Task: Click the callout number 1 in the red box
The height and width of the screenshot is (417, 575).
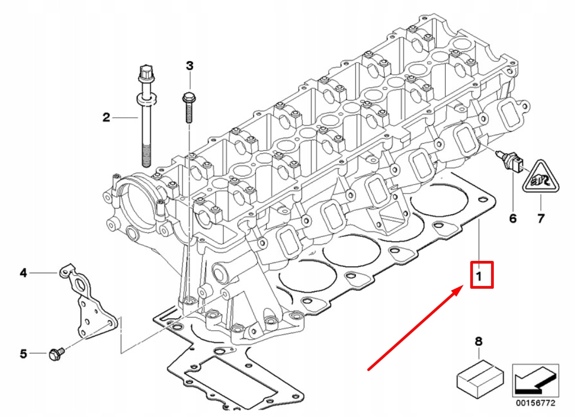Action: (479, 275)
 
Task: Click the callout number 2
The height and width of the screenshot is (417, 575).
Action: (106, 118)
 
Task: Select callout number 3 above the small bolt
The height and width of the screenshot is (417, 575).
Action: (189, 66)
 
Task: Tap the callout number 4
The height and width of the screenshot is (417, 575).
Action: (23, 273)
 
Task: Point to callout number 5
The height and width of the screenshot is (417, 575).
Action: (23, 354)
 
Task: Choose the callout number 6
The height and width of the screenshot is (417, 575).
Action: (512, 219)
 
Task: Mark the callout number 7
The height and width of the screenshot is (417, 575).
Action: (541, 219)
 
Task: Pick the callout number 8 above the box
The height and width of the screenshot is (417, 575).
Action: (479, 342)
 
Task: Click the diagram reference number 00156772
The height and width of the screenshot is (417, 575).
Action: (536, 404)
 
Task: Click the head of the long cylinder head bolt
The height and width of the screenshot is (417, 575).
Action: (146, 74)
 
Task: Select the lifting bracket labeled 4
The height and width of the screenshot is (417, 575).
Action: (88, 301)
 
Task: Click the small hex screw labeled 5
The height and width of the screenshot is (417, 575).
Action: (57, 354)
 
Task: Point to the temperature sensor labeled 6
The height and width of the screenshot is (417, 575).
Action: (510, 161)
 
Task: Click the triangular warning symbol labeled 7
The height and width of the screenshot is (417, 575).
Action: (541, 177)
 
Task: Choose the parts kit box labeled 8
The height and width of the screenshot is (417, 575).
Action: (480, 379)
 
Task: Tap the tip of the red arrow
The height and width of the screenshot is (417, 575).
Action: (461, 288)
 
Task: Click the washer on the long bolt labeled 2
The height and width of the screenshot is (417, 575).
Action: (146, 99)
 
